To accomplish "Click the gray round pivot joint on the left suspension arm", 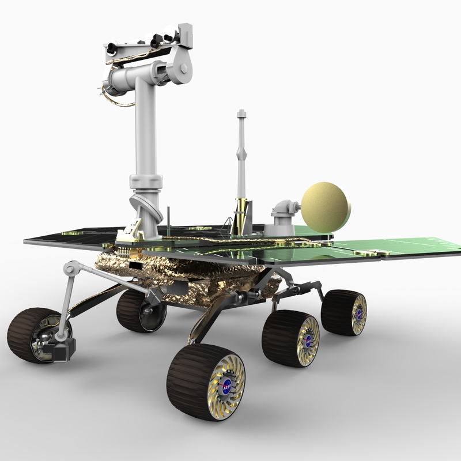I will pyautogui.click(x=71, y=268).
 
